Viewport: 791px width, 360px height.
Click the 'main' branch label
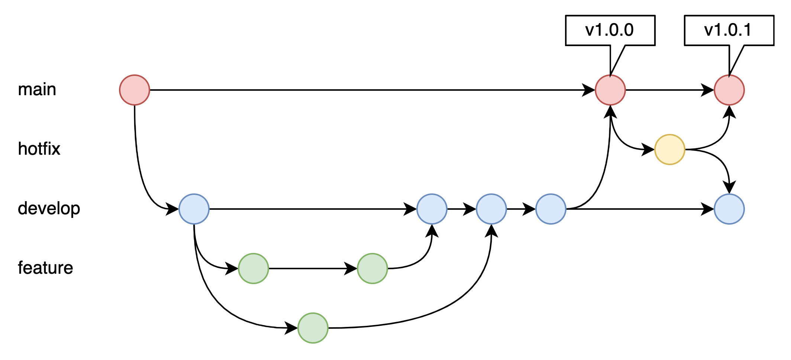37,90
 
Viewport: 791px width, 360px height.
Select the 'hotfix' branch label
39,149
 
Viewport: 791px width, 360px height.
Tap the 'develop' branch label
49,209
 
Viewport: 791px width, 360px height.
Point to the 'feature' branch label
45,268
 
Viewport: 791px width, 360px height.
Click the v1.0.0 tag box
610,30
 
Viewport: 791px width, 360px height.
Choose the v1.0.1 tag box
729,30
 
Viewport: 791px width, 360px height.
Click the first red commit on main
135,90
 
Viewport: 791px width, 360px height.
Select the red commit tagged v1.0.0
610,90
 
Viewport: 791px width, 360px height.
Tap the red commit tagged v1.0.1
729,90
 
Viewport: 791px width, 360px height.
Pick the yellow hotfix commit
670,150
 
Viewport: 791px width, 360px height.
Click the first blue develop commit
194,209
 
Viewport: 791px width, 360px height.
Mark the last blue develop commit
729,209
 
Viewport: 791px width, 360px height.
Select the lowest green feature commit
313,328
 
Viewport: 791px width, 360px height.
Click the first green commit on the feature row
254,269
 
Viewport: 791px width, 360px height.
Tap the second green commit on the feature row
372,269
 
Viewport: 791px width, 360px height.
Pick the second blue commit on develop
432,209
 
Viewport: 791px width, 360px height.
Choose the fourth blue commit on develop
551,209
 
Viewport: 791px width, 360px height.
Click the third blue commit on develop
491,209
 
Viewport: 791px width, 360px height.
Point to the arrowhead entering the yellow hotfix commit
649,150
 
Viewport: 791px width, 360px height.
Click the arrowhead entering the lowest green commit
292,328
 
